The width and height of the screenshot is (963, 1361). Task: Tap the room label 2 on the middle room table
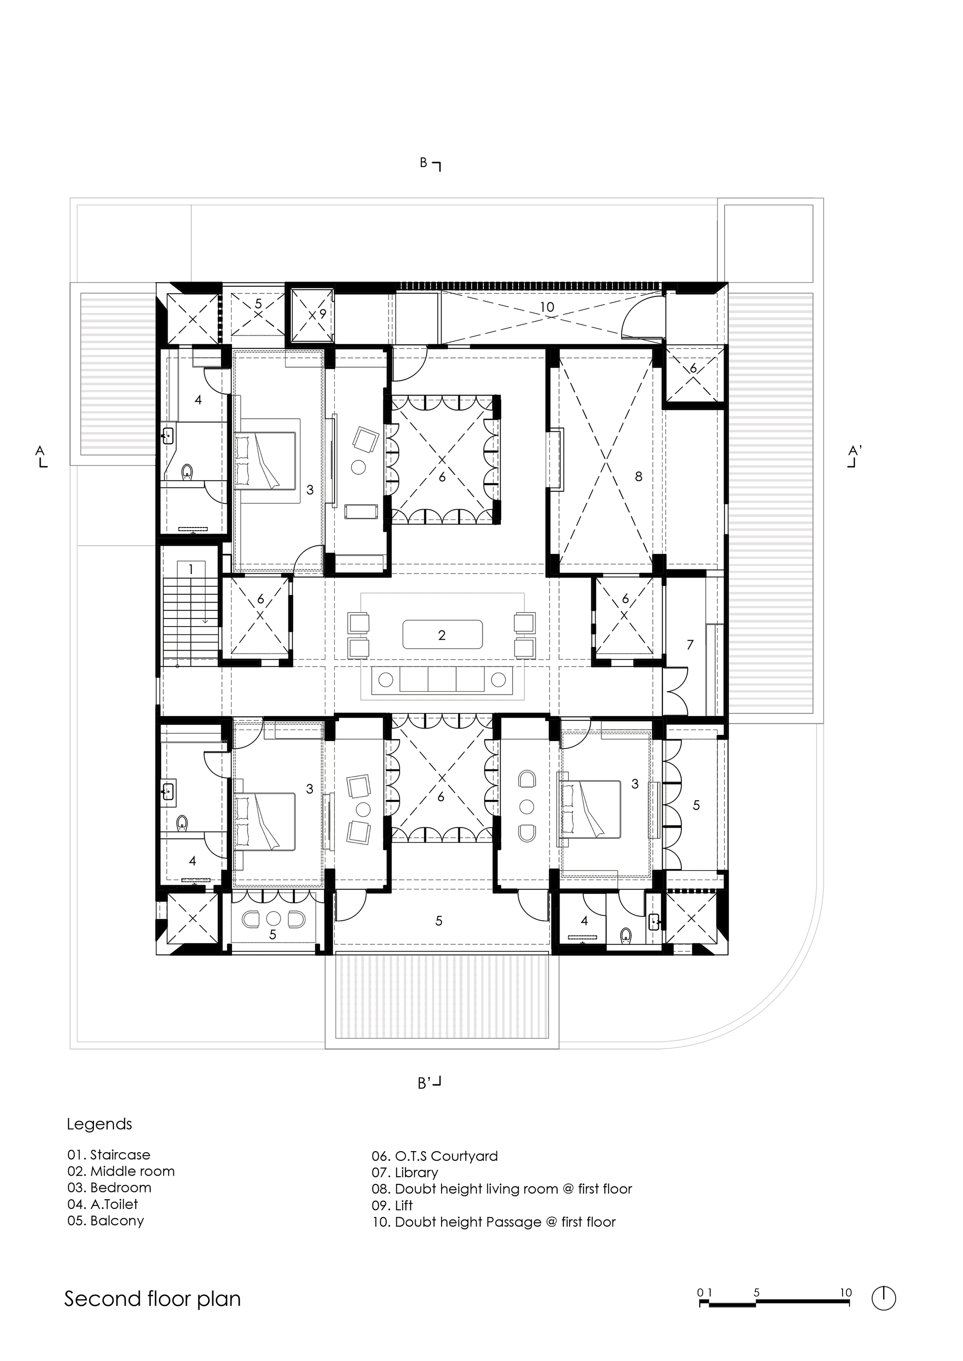pyautogui.click(x=442, y=635)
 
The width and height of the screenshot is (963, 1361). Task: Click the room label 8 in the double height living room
pyautogui.click(x=638, y=476)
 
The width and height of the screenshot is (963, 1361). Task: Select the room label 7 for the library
pyautogui.click(x=690, y=644)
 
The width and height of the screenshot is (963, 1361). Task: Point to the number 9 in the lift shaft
pyautogui.click(x=323, y=314)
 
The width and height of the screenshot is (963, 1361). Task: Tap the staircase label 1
pyautogui.click(x=191, y=570)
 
